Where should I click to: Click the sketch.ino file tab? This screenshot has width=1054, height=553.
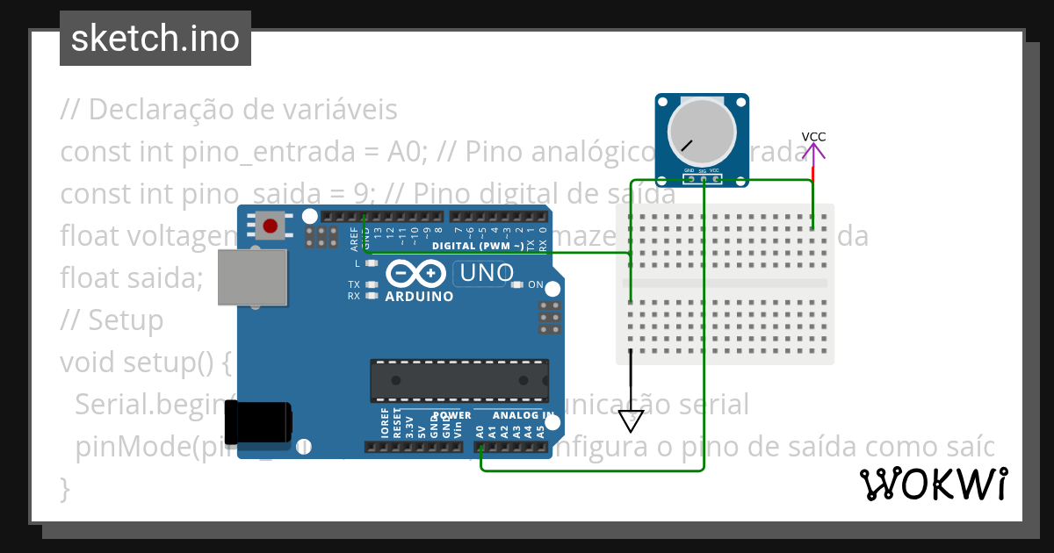(155, 39)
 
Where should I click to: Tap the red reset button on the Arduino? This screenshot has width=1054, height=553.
(271, 226)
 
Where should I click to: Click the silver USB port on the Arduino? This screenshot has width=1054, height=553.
(253, 277)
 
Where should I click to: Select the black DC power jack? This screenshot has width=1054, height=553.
(257, 422)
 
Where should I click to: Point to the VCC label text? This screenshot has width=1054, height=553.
(813, 137)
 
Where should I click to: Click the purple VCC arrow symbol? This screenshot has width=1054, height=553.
(813, 153)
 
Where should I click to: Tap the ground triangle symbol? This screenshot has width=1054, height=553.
(631, 421)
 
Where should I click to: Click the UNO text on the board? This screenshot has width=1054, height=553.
(483, 274)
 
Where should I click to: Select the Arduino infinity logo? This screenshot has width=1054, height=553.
(415, 275)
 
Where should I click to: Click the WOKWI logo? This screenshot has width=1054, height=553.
(933, 484)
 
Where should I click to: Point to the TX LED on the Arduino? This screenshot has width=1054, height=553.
(372, 284)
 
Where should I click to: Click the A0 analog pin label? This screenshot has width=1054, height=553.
(480, 431)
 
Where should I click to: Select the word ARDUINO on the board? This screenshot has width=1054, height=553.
(419, 297)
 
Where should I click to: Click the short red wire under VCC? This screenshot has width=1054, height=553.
(813, 174)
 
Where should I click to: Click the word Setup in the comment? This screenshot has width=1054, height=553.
(126, 320)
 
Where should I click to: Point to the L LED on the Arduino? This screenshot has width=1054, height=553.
(372, 263)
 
